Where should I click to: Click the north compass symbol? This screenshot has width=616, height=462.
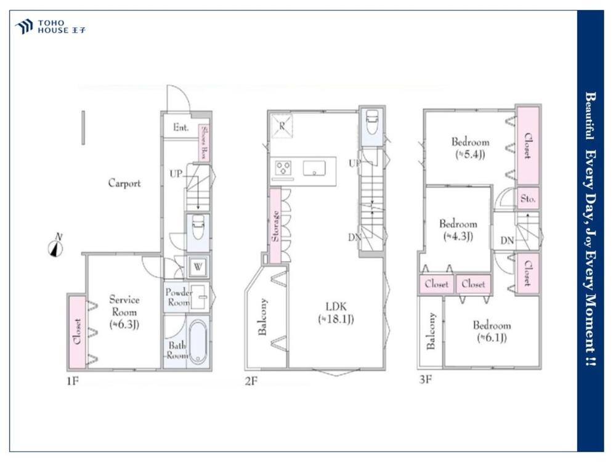56,246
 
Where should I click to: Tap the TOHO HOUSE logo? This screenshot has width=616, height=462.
50,26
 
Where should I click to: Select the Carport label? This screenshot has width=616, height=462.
124,183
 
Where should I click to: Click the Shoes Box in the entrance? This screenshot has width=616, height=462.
204,142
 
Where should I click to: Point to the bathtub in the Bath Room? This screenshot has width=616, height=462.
198,342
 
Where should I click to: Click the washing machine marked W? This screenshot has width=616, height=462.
198,267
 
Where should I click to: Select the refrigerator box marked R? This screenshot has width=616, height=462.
282,126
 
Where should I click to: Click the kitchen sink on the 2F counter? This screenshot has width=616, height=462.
314,169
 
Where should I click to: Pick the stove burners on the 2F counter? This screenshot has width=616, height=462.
283,169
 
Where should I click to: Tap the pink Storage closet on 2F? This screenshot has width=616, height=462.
275,226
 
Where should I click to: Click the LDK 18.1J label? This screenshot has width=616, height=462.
336,313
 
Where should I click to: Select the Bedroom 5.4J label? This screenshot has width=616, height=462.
470,148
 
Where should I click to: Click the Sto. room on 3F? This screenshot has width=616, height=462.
528,198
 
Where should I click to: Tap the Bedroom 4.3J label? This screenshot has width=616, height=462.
458,230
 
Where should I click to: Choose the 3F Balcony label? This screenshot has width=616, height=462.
431,331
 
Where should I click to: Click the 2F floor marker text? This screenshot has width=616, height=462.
251,381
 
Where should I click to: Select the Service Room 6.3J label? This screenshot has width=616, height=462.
124,312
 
